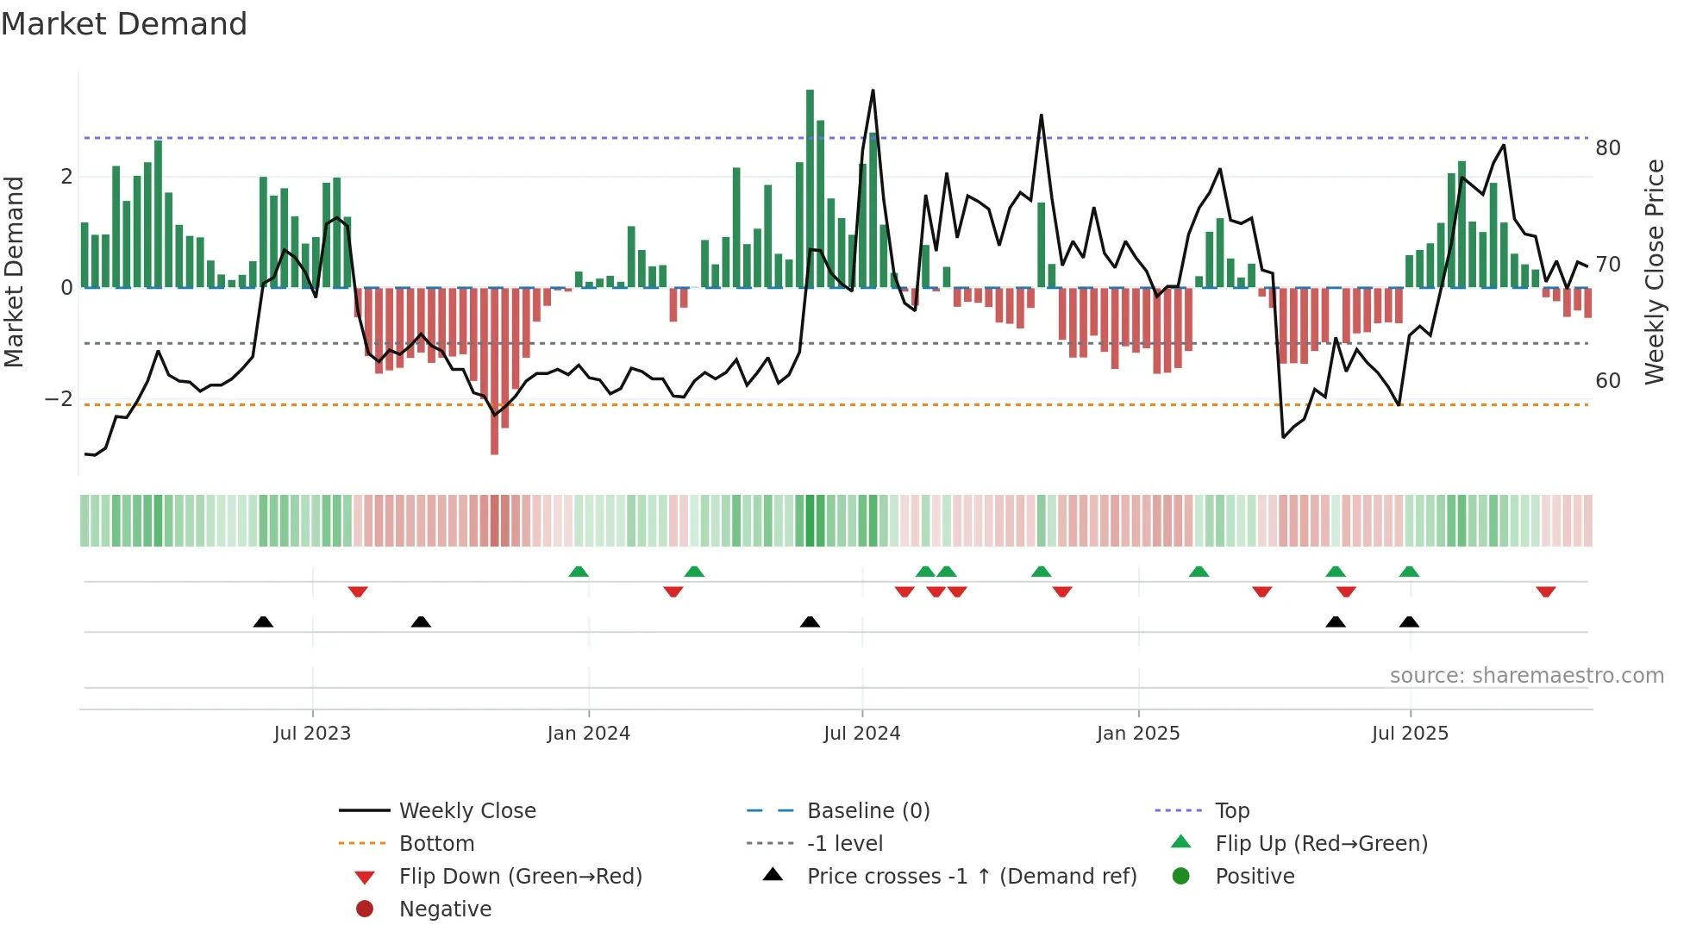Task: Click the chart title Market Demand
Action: pos(124,24)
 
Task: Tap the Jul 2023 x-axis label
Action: pos(312,734)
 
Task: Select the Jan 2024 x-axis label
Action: pos(589,734)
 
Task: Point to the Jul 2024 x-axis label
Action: pos(862,734)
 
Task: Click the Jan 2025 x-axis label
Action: pos(1138,734)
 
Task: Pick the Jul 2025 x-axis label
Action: pos(1411,734)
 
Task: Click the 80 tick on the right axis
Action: pos(1608,148)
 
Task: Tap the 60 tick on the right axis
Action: pos(1608,381)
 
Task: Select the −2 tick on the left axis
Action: pos(59,399)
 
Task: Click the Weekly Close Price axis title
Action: pos(1655,272)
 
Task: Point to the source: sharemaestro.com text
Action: pos(1526,676)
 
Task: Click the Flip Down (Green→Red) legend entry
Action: pos(520,877)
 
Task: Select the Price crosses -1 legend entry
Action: pos(971,877)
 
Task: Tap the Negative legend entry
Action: pos(445,909)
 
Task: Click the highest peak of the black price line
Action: pos(873,91)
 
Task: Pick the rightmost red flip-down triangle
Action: pos(1545,592)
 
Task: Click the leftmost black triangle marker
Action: pos(263,622)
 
